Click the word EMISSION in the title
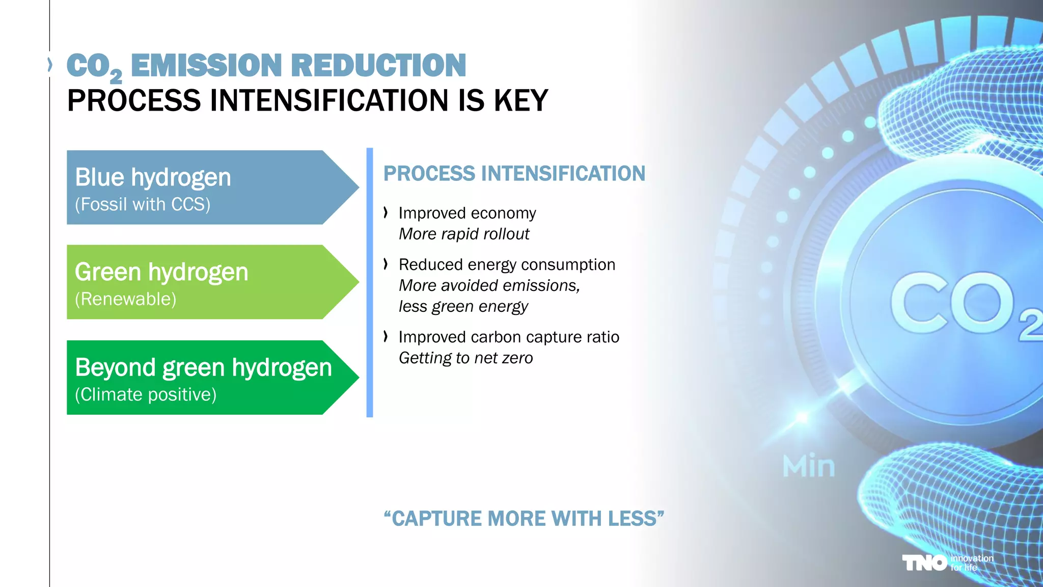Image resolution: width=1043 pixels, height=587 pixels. click(x=206, y=66)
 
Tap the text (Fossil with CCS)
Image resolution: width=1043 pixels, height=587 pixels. click(x=143, y=204)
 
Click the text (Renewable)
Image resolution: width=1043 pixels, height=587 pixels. click(x=125, y=299)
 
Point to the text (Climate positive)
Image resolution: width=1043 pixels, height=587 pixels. click(x=146, y=394)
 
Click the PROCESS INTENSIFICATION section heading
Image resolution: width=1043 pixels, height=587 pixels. click(x=514, y=174)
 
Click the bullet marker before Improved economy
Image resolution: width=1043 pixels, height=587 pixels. click(x=386, y=212)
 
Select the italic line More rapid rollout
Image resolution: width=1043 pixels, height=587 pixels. click(x=464, y=234)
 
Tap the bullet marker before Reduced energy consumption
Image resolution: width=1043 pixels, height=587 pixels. click(x=386, y=264)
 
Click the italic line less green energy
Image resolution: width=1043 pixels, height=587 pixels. click(x=463, y=306)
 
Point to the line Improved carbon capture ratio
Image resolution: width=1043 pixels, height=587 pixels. click(x=509, y=337)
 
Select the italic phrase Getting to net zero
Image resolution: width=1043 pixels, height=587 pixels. click(x=465, y=358)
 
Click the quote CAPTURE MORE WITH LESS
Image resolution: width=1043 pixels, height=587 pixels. click(x=524, y=519)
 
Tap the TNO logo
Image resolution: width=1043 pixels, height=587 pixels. click(x=924, y=563)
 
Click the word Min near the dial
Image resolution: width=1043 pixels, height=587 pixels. click(x=809, y=466)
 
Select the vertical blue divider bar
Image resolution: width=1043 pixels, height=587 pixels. click(x=370, y=282)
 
